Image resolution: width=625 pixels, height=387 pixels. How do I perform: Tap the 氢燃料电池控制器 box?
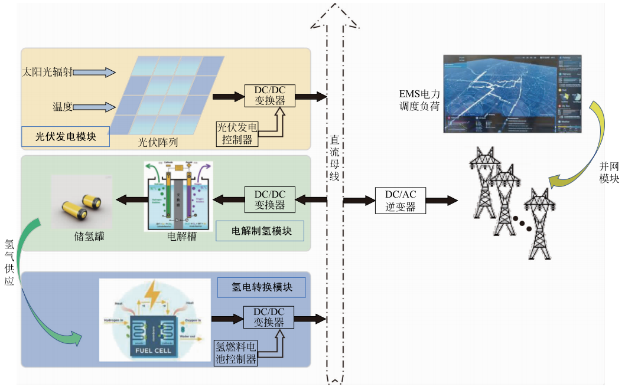point(236,352)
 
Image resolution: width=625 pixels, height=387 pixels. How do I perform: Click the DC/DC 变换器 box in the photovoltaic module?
point(270,96)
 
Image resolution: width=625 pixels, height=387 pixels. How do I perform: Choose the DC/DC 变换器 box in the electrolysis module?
point(270,200)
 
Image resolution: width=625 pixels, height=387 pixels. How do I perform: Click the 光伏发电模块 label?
point(66,137)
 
